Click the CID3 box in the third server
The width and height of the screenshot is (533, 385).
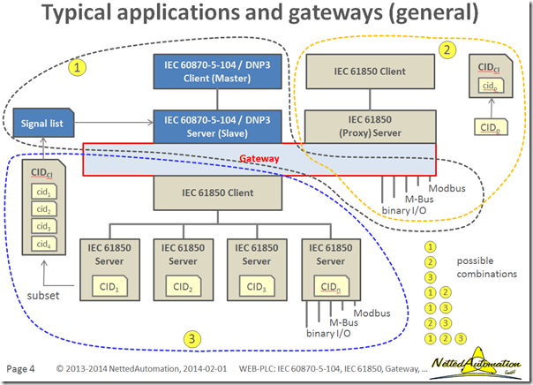point(256,286)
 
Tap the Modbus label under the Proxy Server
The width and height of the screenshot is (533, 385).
point(446,188)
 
